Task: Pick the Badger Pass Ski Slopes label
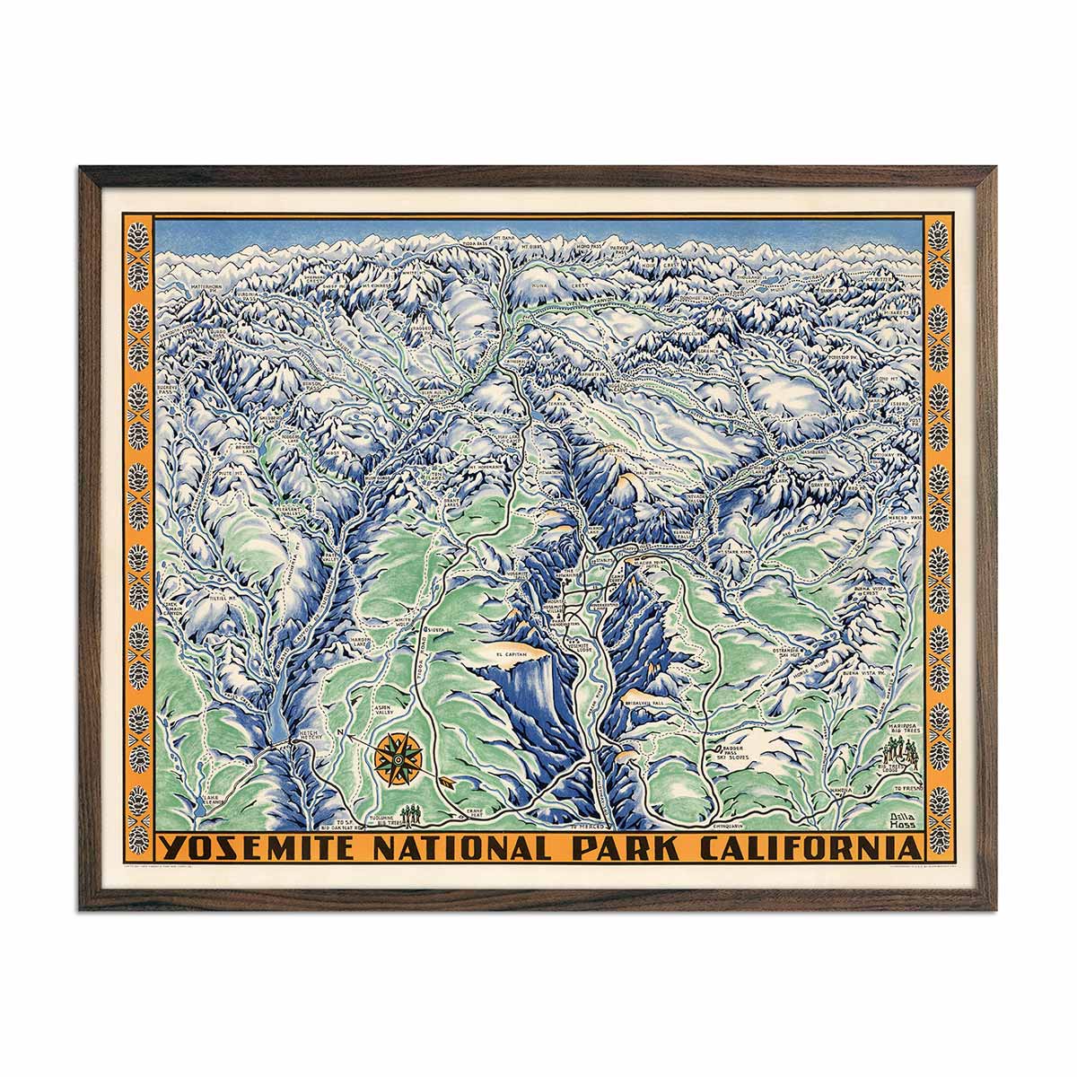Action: [x=732, y=752]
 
